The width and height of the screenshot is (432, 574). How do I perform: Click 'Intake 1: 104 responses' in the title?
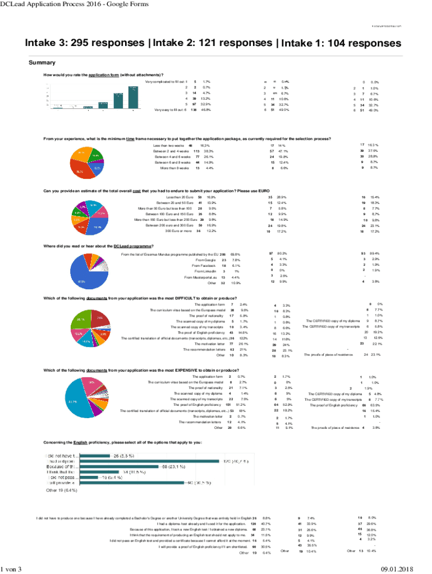pos(341,44)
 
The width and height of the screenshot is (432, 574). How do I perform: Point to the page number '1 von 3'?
pos(12,570)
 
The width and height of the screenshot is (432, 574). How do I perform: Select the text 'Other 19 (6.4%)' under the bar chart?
pos(62,490)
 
